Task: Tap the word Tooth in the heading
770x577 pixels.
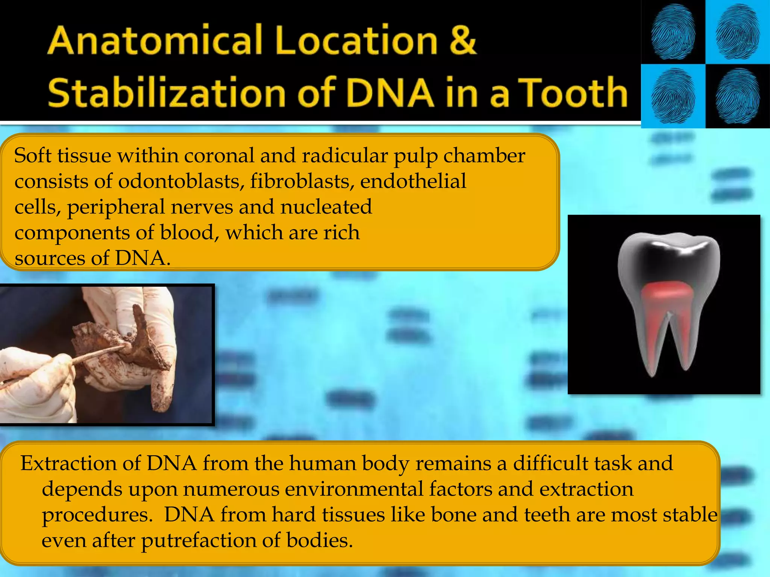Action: click(575, 92)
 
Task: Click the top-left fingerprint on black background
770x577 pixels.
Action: click(673, 32)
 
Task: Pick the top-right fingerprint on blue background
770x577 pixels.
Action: click(738, 32)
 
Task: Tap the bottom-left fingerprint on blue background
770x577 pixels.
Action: click(673, 96)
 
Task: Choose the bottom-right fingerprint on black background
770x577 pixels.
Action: click(738, 96)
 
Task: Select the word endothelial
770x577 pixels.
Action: click(413, 181)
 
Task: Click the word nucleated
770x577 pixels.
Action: click(326, 207)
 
